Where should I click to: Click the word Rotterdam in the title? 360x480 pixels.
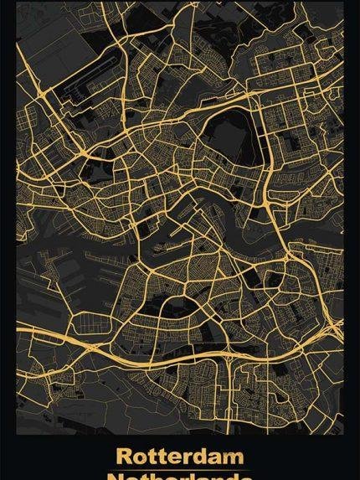(180, 457)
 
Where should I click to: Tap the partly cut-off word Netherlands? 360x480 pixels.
(180, 475)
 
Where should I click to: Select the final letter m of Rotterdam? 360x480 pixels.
(235, 457)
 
